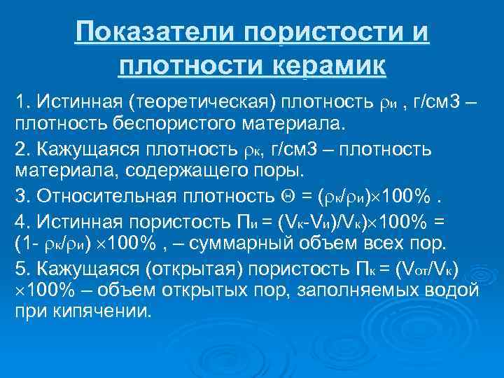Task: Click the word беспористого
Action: pos(179,125)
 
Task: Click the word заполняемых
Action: pos(362,290)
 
